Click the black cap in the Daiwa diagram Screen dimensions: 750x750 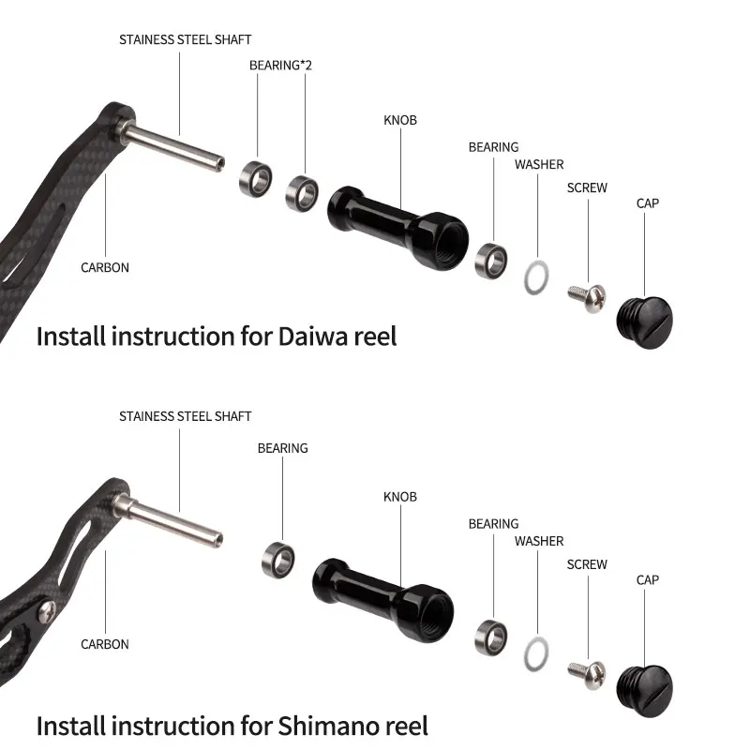pos(641,317)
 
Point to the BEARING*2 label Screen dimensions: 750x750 pos(279,66)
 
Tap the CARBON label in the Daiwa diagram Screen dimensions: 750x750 pos(105,267)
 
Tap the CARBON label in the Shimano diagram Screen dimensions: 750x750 pos(105,644)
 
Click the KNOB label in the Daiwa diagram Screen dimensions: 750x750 pos(400,120)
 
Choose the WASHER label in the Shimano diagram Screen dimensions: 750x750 pos(539,541)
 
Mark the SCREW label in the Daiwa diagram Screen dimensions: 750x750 pos(587,187)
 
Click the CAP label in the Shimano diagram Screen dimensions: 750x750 pos(647,580)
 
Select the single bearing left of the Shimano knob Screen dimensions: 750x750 pos(278,559)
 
